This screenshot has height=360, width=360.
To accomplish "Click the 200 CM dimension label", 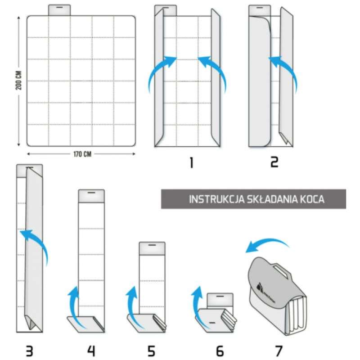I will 19,81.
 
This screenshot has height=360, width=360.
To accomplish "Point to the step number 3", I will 29,351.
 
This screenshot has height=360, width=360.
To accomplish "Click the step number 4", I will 91,351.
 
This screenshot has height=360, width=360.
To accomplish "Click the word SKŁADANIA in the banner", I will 274,199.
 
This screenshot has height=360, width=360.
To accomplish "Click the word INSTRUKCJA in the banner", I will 215,199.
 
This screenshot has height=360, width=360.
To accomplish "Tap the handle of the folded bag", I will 280,270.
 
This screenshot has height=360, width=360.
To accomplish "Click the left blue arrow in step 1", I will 160,72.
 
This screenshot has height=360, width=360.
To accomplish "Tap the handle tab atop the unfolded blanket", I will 59,10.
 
